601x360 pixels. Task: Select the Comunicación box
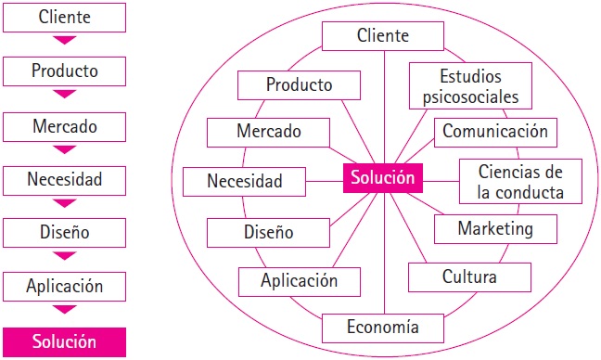pos(495,131)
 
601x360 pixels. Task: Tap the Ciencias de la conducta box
pos(520,181)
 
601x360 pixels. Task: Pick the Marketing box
pos(495,228)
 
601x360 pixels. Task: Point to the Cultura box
pos(469,276)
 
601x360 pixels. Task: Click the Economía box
pos(383,327)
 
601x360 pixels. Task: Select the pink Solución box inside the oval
pos(383,177)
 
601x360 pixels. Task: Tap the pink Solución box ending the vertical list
pos(64,341)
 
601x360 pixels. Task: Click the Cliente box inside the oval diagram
pos(383,36)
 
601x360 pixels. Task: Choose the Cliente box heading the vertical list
pos(64,17)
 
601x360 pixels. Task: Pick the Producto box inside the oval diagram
pos(299,84)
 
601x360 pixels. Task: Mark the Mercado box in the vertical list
pos(64,124)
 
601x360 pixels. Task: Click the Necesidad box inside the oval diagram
pos(245,181)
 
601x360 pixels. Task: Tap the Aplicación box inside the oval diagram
pos(299,280)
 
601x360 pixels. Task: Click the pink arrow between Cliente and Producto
pos(64,41)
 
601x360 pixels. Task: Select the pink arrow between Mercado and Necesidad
pos(64,148)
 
